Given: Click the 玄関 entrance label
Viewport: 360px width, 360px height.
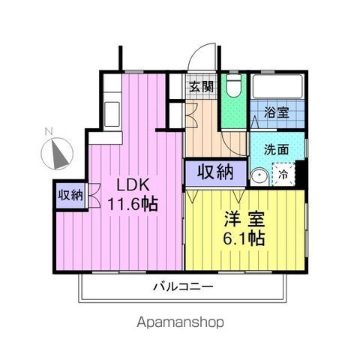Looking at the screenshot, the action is [202, 87].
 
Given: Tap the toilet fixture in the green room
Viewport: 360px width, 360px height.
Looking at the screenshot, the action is [234, 85].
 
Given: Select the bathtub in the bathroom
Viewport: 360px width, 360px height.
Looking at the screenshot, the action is [277, 86].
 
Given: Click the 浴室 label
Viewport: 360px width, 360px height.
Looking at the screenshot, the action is [277, 112].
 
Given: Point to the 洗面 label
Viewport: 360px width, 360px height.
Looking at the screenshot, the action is [276, 149].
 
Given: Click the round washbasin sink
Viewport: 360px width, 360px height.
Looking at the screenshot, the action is [259, 176].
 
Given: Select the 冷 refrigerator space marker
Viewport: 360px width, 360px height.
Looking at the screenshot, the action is [283, 174].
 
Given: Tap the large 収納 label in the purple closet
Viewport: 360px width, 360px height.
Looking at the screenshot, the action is [215, 172].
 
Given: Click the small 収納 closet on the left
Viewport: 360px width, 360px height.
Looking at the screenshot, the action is [70, 195].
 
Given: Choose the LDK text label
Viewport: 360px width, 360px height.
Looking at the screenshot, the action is [133, 185].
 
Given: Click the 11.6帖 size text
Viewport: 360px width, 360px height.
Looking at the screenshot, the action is [133, 204].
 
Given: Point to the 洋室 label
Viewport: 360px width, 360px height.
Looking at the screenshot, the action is [244, 219].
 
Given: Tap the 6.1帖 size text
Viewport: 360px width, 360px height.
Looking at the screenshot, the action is [244, 238].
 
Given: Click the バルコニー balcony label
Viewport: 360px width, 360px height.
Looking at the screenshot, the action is [183, 286].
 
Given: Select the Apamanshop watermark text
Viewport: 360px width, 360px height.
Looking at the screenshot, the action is [180, 322].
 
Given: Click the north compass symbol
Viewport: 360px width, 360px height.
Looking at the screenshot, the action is [57, 154].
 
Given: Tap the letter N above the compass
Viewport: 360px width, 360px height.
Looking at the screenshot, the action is [49, 131].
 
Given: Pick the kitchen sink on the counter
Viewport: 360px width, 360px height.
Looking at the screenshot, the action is [112, 115].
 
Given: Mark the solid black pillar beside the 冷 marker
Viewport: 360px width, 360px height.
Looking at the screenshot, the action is [301, 174].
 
